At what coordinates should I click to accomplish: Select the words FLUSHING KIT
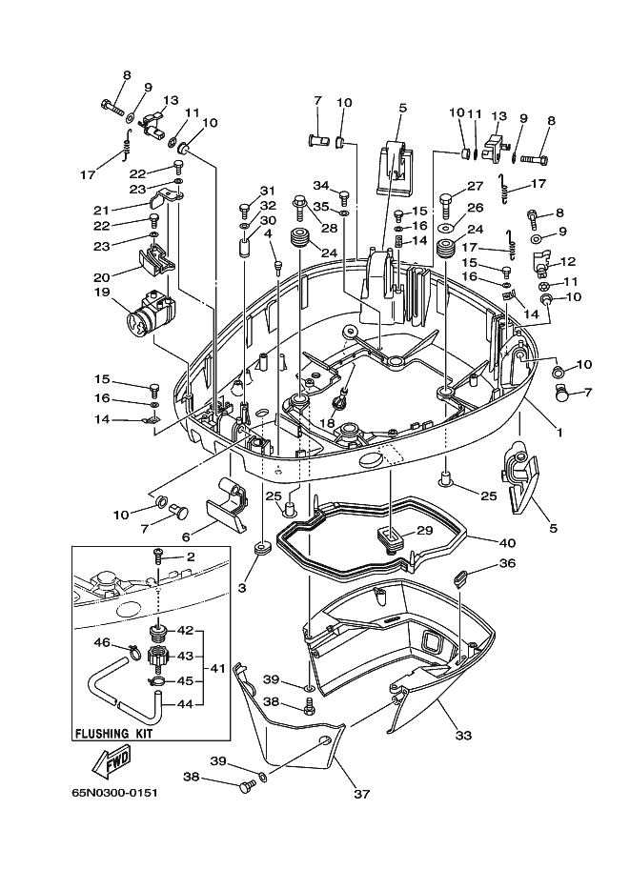coord(113,734)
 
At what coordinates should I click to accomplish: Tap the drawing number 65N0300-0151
coord(115,792)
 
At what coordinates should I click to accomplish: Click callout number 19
coord(102,292)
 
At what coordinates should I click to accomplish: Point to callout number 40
coord(507,542)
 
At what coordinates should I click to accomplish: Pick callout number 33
coord(463,736)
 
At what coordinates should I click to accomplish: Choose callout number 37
coord(361,794)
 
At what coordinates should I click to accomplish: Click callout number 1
coord(559,433)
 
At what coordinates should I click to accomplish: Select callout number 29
coord(425,531)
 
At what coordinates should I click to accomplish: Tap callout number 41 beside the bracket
coord(217,669)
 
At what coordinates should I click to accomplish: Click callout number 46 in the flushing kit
coord(102,642)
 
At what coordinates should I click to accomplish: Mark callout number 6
coord(186,536)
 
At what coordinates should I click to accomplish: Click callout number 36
coord(507,563)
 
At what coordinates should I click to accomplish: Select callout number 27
coord(476,187)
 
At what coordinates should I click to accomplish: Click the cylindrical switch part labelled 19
coord(150,314)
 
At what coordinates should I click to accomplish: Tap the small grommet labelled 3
coord(260,549)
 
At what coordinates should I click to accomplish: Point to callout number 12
coord(568,261)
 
